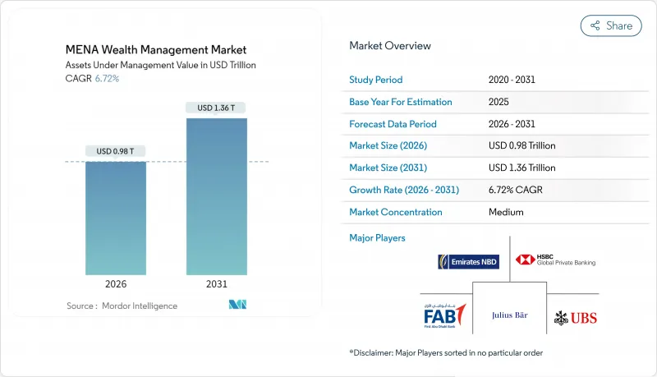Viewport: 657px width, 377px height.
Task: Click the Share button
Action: click(x=611, y=25)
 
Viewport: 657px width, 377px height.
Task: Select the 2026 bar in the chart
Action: click(x=116, y=218)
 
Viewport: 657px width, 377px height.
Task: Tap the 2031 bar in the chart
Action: click(x=216, y=196)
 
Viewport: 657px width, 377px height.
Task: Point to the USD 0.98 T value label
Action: click(x=116, y=151)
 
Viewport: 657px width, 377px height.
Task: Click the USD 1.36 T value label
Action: click(x=216, y=108)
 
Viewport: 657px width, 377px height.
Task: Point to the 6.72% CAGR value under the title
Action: click(x=106, y=78)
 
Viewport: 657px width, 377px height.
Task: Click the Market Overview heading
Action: click(x=389, y=46)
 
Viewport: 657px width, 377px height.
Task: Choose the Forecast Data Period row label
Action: click(x=393, y=124)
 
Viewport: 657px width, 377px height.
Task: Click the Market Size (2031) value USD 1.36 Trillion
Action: click(x=521, y=168)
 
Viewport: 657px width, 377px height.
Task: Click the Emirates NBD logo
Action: click(x=469, y=262)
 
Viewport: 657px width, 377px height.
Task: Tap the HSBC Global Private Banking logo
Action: click(x=555, y=260)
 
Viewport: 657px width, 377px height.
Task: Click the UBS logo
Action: click(x=576, y=317)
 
